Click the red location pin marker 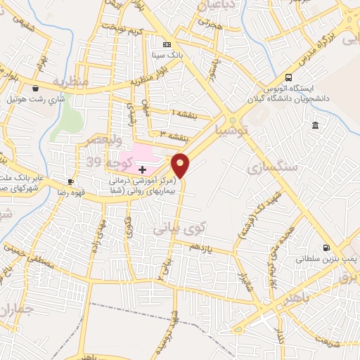coord(181,165)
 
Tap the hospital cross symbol coord(143,169)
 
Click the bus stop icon coord(289,77)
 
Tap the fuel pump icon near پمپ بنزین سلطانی coord(326,247)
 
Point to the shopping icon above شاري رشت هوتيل coord(35,88)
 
